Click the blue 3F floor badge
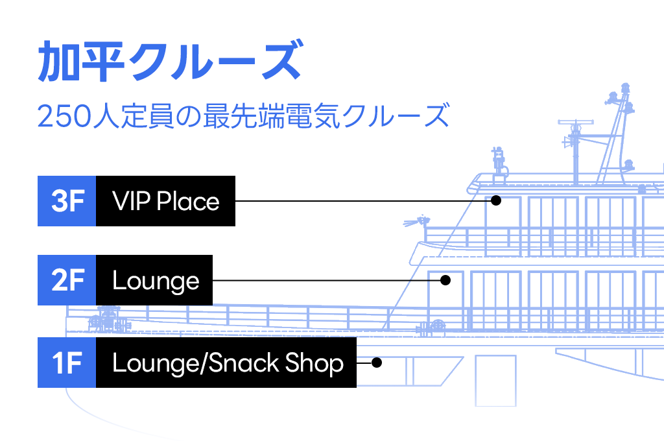[67, 201]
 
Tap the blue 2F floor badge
[67, 280]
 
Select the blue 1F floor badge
[67, 363]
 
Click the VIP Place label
[165, 201]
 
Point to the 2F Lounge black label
[154, 280]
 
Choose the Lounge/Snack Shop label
[226, 363]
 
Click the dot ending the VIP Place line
[496, 200]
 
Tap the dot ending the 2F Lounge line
[445, 280]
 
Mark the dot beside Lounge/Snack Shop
[377, 363]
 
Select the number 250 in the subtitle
[64, 116]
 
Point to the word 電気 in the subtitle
[313, 115]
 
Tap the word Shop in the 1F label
[314, 363]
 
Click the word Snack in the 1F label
[244, 363]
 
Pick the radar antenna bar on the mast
[576, 123]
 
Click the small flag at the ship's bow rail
[416, 222]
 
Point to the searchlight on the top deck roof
[499, 161]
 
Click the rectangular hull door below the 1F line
[495, 381]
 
